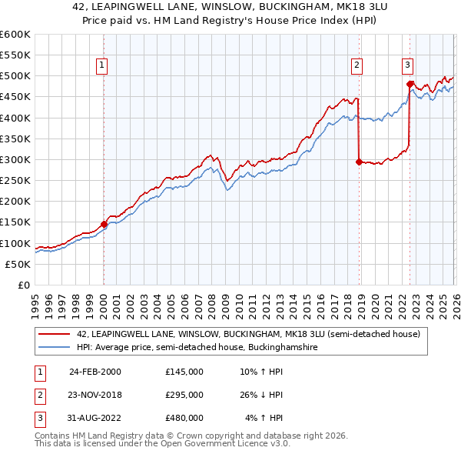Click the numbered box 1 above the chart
tap(102, 66)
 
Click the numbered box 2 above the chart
tap(357, 66)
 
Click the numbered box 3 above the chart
tap(408, 66)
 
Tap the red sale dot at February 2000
tap(104, 224)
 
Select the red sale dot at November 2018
tap(359, 162)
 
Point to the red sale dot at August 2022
tap(410, 84)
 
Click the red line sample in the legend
tap(54, 335)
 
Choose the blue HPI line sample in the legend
tap(54, 348)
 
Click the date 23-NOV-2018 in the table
tap(95, 394)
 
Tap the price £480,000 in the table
tap(184, 418)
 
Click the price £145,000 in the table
tap(184, 371)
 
